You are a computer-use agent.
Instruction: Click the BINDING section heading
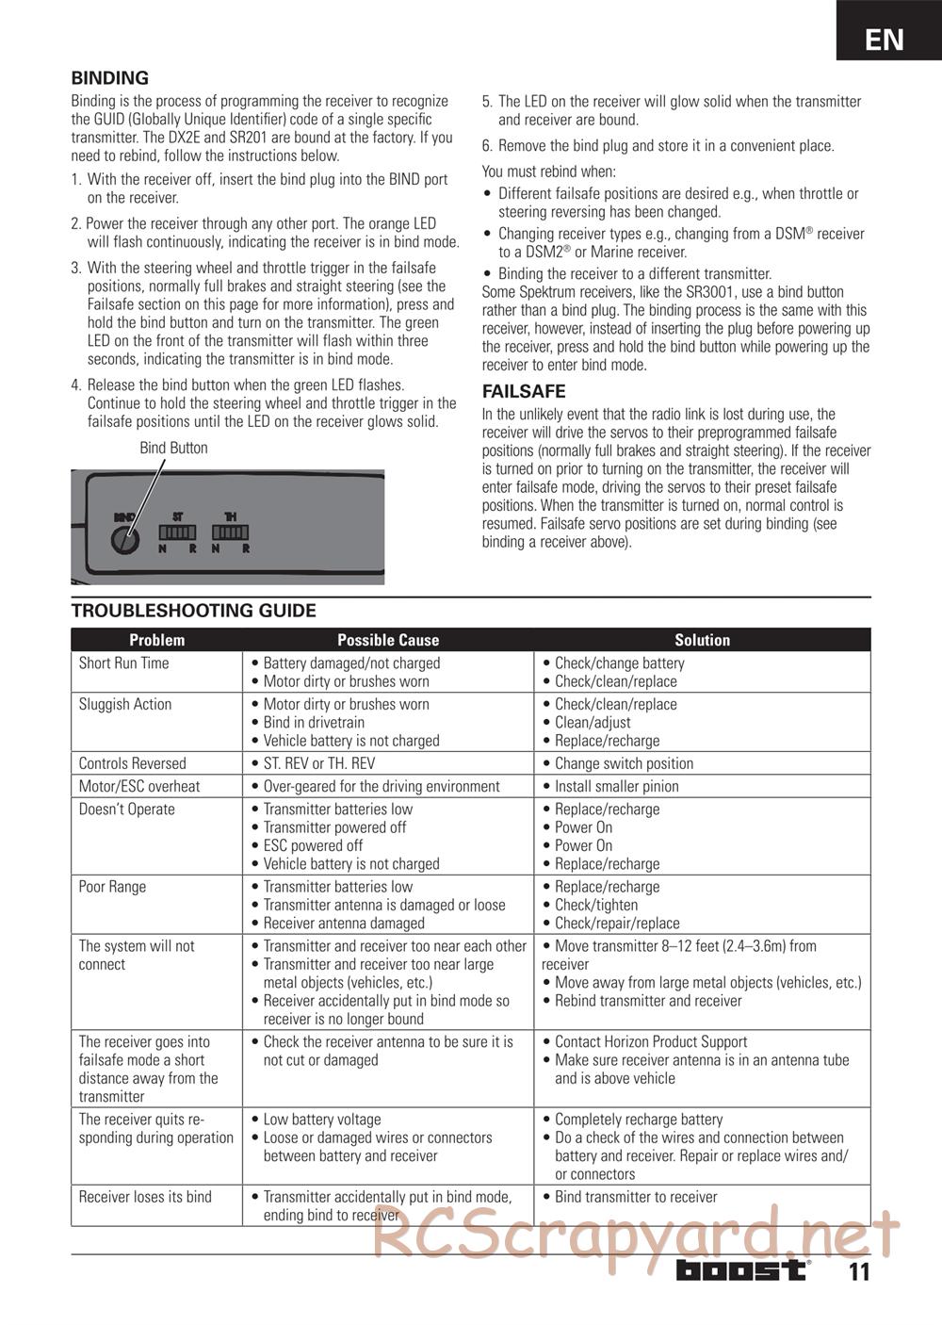(x=110, y=78)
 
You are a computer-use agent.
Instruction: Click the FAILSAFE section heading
(x=524, y=391)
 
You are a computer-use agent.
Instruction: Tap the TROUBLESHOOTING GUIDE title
(x=193, y=611)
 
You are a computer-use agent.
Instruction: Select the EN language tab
(x=885, y=39)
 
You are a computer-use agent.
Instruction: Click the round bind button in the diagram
(x=124, y=540)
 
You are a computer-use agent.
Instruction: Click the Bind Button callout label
(x=173, y=448)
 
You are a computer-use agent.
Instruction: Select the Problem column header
(x=156, y=640)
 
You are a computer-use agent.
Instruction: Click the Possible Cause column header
(x=388, y=640)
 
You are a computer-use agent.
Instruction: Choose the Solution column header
(x=702, y=640)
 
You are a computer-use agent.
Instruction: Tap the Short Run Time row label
(x=124, y=663)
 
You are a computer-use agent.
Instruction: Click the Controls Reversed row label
(x=133, y=763)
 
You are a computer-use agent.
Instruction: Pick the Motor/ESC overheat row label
(x=139, y=786)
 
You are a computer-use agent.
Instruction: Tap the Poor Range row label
(x=112, y=887)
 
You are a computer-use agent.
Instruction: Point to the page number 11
(x=858, y=1272)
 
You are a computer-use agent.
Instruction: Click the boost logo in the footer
(x=742, y=1270)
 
